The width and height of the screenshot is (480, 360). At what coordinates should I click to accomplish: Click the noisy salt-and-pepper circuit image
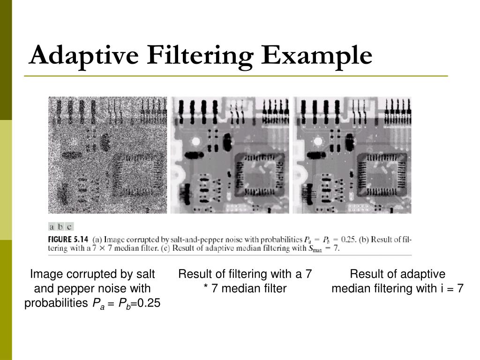pos(107,155)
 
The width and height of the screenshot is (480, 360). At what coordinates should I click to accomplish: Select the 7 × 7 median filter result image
pos(230,155)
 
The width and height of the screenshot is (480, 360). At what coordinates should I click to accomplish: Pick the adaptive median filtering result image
pos(352,155)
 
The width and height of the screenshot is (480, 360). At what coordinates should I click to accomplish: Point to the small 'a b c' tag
pos(61,227)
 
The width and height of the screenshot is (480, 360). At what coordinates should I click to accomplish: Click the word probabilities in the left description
pos(56,303)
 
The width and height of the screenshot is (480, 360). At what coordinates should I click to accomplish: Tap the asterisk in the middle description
pos(206,288)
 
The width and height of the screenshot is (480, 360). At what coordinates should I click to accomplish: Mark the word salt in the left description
pos(146,274)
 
